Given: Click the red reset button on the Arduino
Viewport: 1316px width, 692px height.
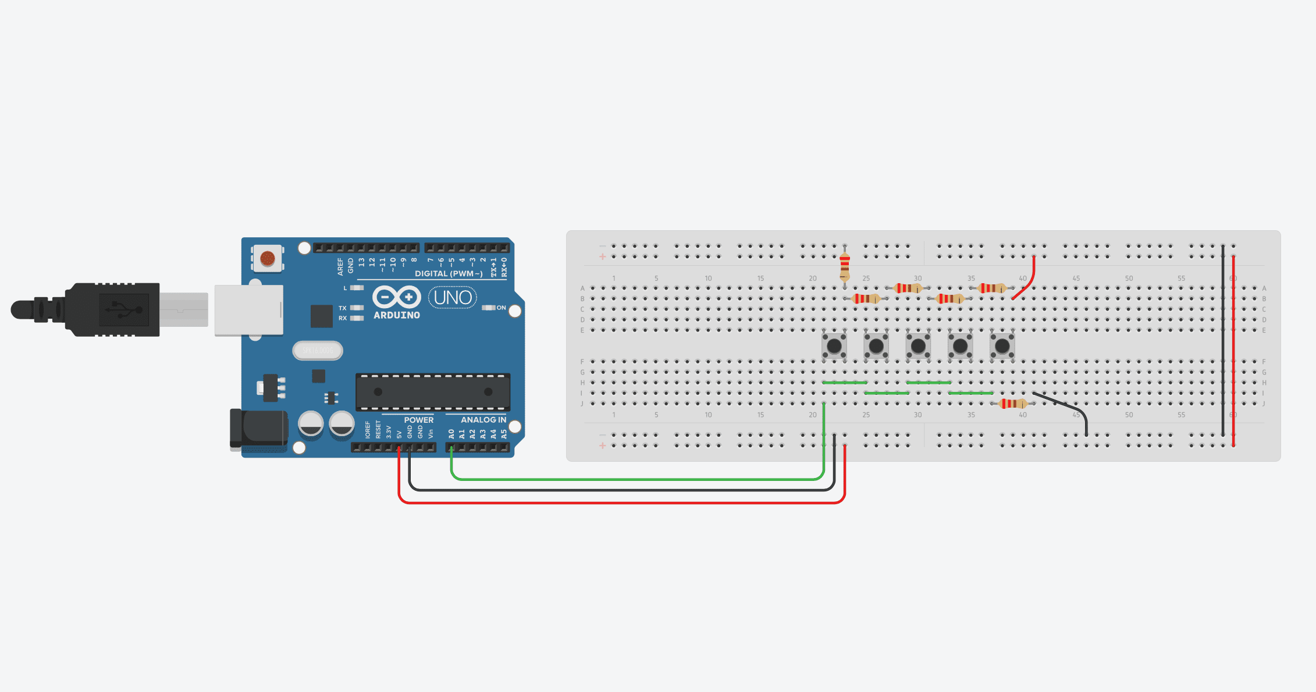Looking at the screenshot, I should coord(268,258).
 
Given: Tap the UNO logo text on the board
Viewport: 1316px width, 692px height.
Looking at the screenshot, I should coord(453,298).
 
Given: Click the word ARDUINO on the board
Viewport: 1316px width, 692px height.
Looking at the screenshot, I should coord(397,315).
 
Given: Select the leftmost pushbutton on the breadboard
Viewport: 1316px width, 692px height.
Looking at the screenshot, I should coord(834,346).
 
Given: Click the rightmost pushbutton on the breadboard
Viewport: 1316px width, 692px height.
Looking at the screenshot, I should coord(1002,346).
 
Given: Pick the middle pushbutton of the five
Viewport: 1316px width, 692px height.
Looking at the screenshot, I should coord(918,346).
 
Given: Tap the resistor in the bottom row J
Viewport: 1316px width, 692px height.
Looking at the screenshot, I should coord(1012,404).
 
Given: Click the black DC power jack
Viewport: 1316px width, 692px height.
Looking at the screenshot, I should coord(259,429).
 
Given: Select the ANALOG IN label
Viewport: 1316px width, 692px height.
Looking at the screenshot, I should coord(483,420).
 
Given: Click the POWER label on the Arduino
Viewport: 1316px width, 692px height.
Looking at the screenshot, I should coord(418,420).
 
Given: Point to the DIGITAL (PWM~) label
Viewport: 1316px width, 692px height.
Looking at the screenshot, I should coord(448,273).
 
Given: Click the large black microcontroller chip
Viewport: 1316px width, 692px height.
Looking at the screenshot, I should coord(433,391).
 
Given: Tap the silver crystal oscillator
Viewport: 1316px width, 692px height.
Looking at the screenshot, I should coord(318,351).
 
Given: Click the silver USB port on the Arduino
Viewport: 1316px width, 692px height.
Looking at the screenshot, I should coord(249,310).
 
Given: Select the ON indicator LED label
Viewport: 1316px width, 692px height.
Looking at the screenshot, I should coord(500,308).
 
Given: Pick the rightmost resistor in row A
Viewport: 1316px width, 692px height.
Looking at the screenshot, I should coord(991,288).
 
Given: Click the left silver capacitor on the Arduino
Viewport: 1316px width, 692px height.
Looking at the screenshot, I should coord(311,424).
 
